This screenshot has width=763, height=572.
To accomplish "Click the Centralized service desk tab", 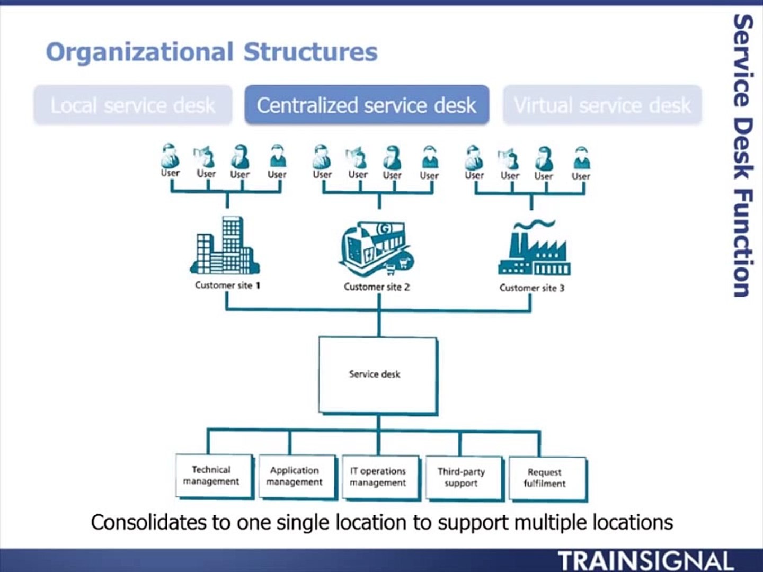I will [367, 105].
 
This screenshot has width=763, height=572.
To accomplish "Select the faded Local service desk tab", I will [132, 105].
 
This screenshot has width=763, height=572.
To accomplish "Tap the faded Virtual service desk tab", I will [602, 105].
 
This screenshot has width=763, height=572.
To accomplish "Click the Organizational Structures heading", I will [211, 52].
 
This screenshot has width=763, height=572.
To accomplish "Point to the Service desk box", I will [377, 375].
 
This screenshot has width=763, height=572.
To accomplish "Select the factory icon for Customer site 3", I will [534, 249].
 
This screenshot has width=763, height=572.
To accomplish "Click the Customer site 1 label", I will [227, 285].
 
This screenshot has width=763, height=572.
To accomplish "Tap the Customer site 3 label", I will [531, 288].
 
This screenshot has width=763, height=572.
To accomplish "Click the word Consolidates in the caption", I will [149, 522].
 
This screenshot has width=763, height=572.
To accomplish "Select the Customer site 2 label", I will [376, 287].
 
